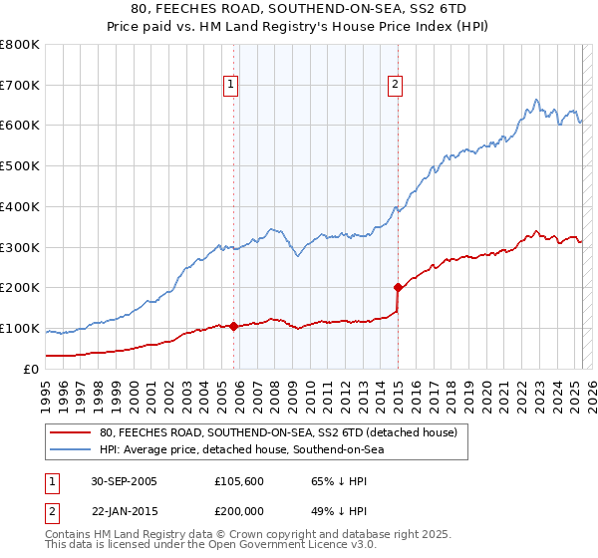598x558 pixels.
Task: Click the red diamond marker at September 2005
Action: pyautogui.click(x=234, y=326)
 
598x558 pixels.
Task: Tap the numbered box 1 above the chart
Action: pyautogui.click(x=230, y=85)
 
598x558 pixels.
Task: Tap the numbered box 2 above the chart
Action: pyautogui.click(x=395, y=85)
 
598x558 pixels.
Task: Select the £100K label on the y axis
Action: pyautogui.click(x=20, y=329)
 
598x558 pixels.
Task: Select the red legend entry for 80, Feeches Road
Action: pyautogui.click(x=278, y=432)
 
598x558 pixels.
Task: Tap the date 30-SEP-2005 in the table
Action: pyautogui.click(x=123, y=481)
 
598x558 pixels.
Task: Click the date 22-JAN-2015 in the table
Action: pyautogui.click(x=123, y=509)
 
